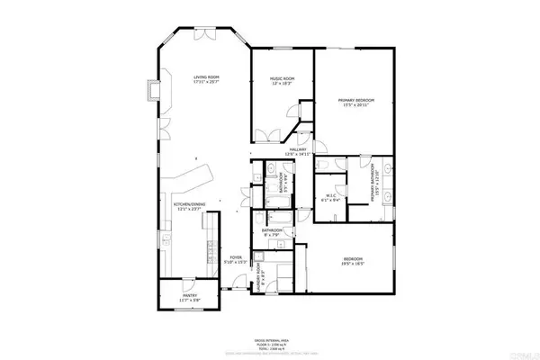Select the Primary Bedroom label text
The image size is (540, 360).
pos(355,99)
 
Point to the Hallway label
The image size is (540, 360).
pos(297,150)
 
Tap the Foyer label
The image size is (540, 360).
pos(235,257)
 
